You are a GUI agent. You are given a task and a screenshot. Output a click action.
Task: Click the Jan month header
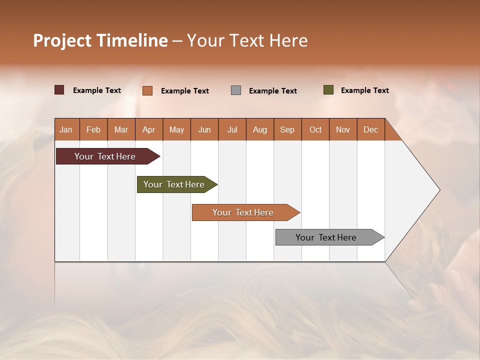coord(66,129)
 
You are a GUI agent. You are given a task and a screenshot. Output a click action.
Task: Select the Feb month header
coord(93,129)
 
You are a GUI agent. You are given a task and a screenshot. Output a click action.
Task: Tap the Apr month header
coord(148,129)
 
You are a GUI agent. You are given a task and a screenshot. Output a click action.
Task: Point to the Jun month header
coord(204,129)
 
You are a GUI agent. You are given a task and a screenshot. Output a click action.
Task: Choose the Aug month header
coord(259,129)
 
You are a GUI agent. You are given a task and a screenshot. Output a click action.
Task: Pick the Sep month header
coord(287,129)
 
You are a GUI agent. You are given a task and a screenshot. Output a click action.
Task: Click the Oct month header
coord(315,129)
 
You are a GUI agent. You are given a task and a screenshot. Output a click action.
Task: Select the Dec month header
coord(370,129)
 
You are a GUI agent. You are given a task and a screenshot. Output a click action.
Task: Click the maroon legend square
coord(59,90)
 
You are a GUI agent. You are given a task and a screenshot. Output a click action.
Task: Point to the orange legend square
coord(147,90)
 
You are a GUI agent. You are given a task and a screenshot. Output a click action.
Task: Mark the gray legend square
coord(236,90)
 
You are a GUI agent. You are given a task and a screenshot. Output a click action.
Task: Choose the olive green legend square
coord(328,90)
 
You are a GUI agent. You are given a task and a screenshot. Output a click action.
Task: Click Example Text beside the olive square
coord(364,90)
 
